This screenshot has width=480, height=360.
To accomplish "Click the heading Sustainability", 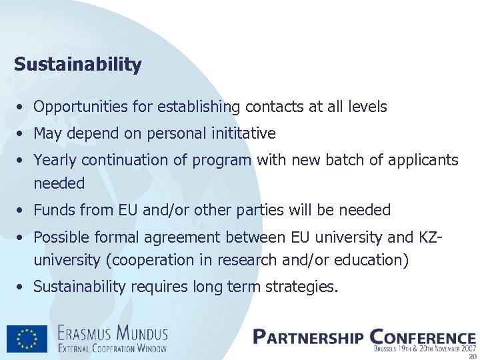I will click(x=77, y=65).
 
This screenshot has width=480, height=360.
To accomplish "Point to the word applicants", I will click(x=425, y=160).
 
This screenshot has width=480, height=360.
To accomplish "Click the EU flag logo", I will click(x=27, y=339).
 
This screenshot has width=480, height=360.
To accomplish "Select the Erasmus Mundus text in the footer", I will click(x=112, y=332).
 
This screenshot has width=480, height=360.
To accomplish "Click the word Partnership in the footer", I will click(x=308, y=337).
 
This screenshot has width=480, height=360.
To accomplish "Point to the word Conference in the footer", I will click(x=422, y=337).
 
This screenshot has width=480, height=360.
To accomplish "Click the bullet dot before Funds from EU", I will click(x=22, y=211).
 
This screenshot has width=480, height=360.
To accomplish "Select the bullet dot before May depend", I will click(x=22, y=134).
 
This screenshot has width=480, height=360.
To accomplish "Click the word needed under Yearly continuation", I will click(x=59, y=183).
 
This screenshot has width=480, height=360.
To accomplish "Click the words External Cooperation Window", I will click(x=112, y=347).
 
